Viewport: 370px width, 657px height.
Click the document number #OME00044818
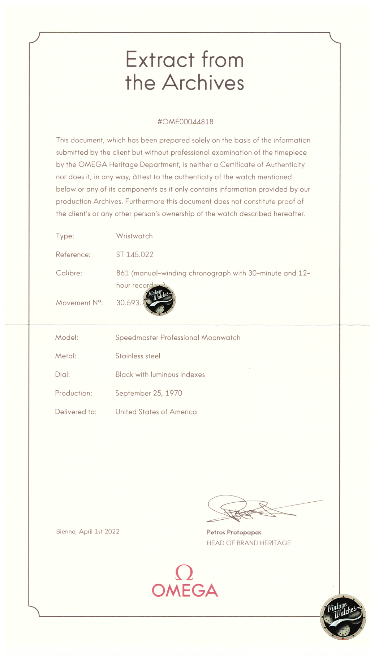(185, 122)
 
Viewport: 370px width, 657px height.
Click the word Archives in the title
(203, 82)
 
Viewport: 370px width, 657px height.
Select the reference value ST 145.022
(134, 254)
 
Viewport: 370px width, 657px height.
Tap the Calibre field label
(69, 273)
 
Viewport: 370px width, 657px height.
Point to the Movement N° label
(79, 303)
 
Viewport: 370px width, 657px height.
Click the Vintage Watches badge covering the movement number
(159, 300)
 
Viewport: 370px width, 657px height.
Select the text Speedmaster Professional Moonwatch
(178, 338)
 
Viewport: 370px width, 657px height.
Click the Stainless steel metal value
(138, 356)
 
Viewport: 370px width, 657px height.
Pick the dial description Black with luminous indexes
(160, 374)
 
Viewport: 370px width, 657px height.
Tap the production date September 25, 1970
(149, 393)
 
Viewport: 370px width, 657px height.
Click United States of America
(156, 412)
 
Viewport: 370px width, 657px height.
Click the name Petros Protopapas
(234, 532)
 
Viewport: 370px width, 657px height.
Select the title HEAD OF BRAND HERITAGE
(249, 543)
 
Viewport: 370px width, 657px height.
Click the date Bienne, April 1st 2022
(87, 531)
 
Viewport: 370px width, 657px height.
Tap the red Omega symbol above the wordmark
(184, 573)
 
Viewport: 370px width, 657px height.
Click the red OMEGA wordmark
(185, 591)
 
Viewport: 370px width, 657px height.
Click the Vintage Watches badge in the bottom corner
(343, 617)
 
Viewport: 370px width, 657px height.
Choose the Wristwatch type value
(134, 236)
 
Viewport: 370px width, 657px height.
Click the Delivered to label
(76, 412)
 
